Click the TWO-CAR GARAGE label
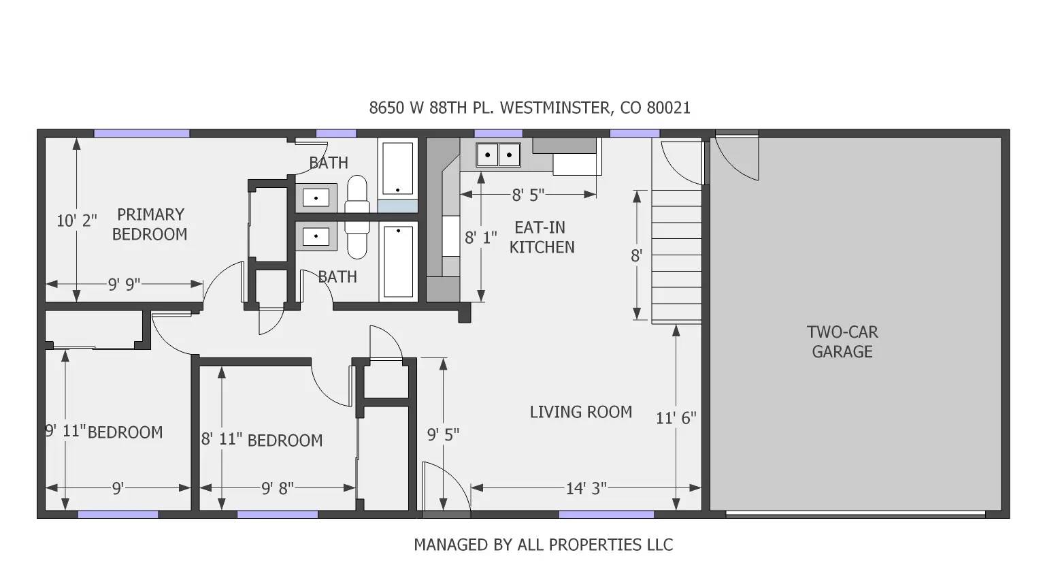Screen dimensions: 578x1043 coord(842,342)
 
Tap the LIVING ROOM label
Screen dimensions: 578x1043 coord(580,412)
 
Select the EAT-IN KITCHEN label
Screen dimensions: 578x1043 coord(541,238)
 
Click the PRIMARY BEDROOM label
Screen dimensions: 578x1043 coord(150,225)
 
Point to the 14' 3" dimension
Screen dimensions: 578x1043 coord(586,488)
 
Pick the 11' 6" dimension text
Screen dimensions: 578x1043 coord(676,418)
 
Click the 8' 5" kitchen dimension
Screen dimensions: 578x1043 coord(528,195)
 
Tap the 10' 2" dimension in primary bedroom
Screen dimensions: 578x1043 coord(76,221)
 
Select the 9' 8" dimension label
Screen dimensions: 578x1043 coord(278,488)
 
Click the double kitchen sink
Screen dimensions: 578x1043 coord(498,155)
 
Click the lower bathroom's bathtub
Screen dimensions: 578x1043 coord(398,262)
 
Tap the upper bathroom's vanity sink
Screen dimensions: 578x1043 coord(316,198)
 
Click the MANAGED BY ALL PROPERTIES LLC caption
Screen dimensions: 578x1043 coord(543,545)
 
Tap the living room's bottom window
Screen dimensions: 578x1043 coord(606,515)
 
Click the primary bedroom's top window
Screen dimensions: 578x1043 coord(142,133)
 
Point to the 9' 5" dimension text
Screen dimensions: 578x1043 coord(443,434)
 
